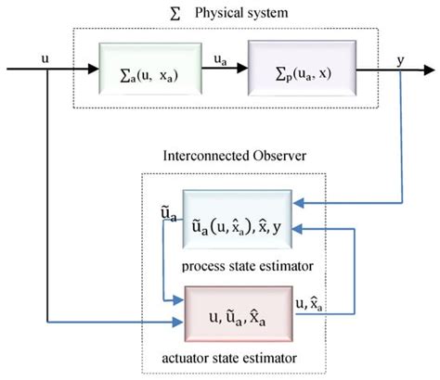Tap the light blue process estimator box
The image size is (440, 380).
[x=237, y=222]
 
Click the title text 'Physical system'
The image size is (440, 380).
[x=243, y=15]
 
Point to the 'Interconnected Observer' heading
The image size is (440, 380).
[x=222, y=156]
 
